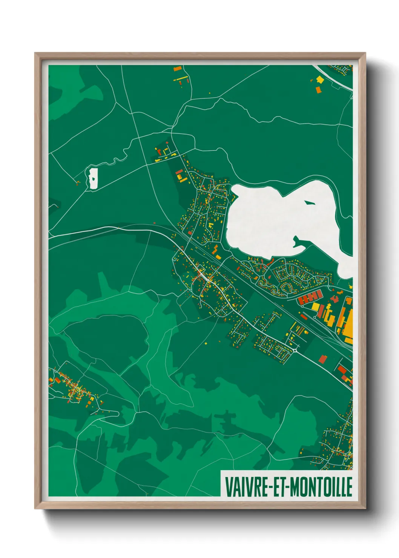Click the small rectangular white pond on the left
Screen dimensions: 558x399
(93, 178)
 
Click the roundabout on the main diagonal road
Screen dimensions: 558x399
(294, 350)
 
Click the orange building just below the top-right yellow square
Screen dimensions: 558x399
(318, 89)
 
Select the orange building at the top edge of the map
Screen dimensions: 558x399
(177, 69)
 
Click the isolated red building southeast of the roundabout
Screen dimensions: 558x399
(322, 358)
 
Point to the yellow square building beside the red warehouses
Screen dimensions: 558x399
(316, 307)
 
